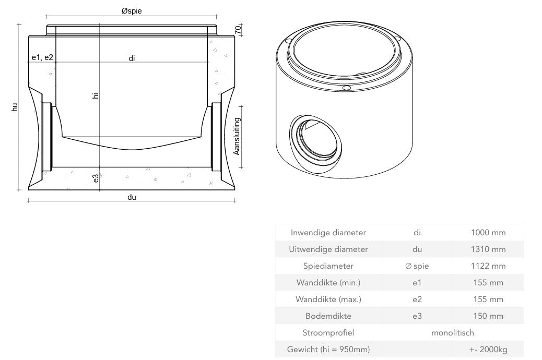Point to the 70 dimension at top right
coord(238,30)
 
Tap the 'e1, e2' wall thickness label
coord(42,57)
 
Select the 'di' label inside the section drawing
coord(132,58)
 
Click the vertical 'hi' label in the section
coord(95,95)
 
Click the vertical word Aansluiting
coord(237,136)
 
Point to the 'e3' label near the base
coord(96,178)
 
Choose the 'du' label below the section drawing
coord(132,197)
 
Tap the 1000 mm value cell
coord(488,233)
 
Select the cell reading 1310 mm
coord(488,249)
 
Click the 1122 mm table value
coord(488,266)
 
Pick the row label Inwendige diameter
coord(328,233)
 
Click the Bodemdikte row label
coord(328,316)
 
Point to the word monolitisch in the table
coord(453,333)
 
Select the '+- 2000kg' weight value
coord(488,350)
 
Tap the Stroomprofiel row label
coord(328,333)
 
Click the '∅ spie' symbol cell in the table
coord(417,266)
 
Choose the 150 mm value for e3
coord(488,316)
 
